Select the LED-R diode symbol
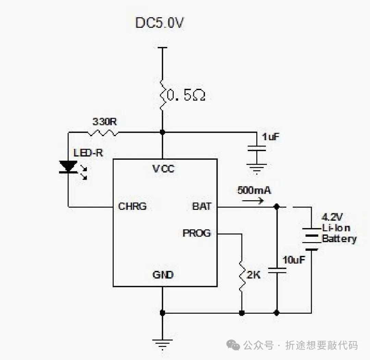(68, 167)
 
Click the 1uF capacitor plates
(257, 148)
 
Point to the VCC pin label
(163, 169)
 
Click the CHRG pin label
(132, 206)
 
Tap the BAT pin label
(202, 206)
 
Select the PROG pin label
(197, 233)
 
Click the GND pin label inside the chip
(163, 275)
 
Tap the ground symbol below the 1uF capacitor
(257, 167)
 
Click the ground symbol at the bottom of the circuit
(163, 343)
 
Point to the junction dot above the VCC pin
(163, 132)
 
